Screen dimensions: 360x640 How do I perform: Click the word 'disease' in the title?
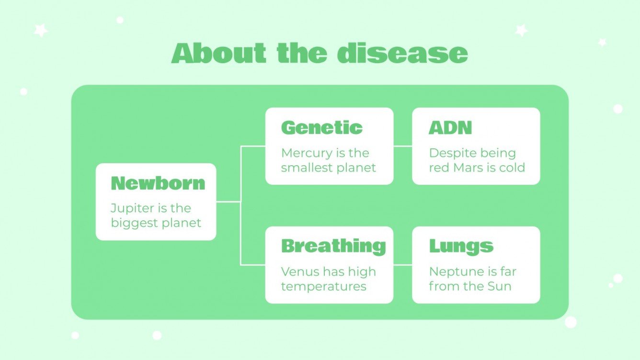click(x=402, y=53)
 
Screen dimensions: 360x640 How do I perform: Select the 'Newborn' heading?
click(x=158, y=183)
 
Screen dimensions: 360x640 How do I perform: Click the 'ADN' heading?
click(x=450, y=128)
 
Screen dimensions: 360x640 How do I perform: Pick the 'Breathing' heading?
click(x=333, y=246)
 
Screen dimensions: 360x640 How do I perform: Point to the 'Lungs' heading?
click(x=461, y=246)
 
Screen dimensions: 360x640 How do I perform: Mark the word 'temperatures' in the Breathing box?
click(x=323, y=287)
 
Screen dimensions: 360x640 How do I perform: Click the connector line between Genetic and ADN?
click(x=402, y=146)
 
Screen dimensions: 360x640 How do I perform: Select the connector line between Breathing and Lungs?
click(x=402, y=264)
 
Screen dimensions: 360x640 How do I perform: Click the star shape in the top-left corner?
click(x=41, y=31)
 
